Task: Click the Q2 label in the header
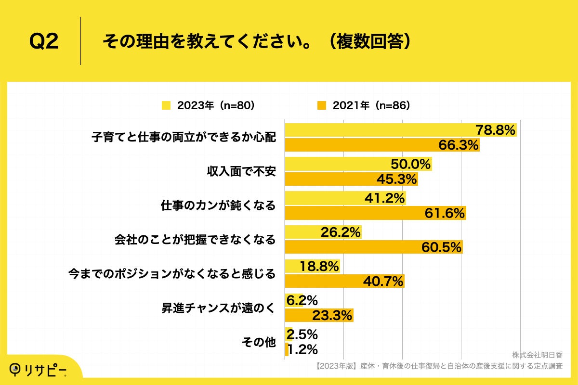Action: pos(44,42)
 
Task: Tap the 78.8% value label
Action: pos(496,130)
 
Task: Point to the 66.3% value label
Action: pos(458,144)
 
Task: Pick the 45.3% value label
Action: pos(396,179)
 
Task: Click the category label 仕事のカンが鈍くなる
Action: pos(218,205)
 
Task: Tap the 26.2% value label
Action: pos(341,233)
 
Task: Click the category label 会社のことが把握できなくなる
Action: pos(195,240)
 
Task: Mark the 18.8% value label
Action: pos(319,267)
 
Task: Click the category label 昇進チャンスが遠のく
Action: pos(218,308)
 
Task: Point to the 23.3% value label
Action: pos(332,316)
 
